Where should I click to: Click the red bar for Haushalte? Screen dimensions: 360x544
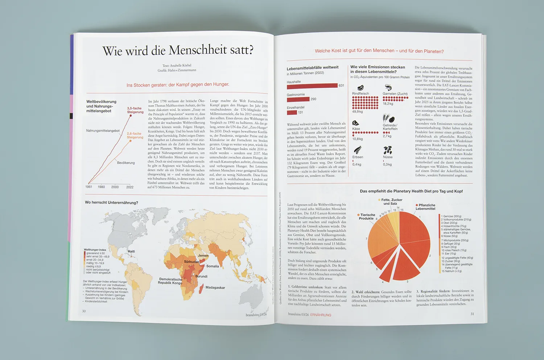(312, 86)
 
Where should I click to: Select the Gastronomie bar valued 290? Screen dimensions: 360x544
(298, 99)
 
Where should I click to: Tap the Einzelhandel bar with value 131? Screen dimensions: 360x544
(292, 112)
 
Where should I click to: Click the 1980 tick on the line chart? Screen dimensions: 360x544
(101, 187)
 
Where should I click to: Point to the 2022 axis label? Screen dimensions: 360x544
(130, 187)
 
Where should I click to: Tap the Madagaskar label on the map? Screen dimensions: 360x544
(215, 288)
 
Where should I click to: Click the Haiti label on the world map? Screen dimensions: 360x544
(131, 251)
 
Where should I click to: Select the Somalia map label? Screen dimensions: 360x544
(213, 266)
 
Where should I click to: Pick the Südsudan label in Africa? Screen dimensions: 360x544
(191, 261)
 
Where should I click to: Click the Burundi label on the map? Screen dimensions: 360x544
(201, 276)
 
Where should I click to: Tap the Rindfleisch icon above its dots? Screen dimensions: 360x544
(360, 88)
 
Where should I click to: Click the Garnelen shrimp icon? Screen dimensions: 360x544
(388, 87)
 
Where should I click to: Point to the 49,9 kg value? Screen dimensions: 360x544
(357, 112)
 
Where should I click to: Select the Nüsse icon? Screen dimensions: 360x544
(388, 150)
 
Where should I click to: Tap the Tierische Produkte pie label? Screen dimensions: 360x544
(367, 216)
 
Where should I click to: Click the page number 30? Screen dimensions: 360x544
(84, 311)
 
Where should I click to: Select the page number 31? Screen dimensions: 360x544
(472, 314)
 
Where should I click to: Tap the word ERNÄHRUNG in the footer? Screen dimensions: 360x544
(321, 315)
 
